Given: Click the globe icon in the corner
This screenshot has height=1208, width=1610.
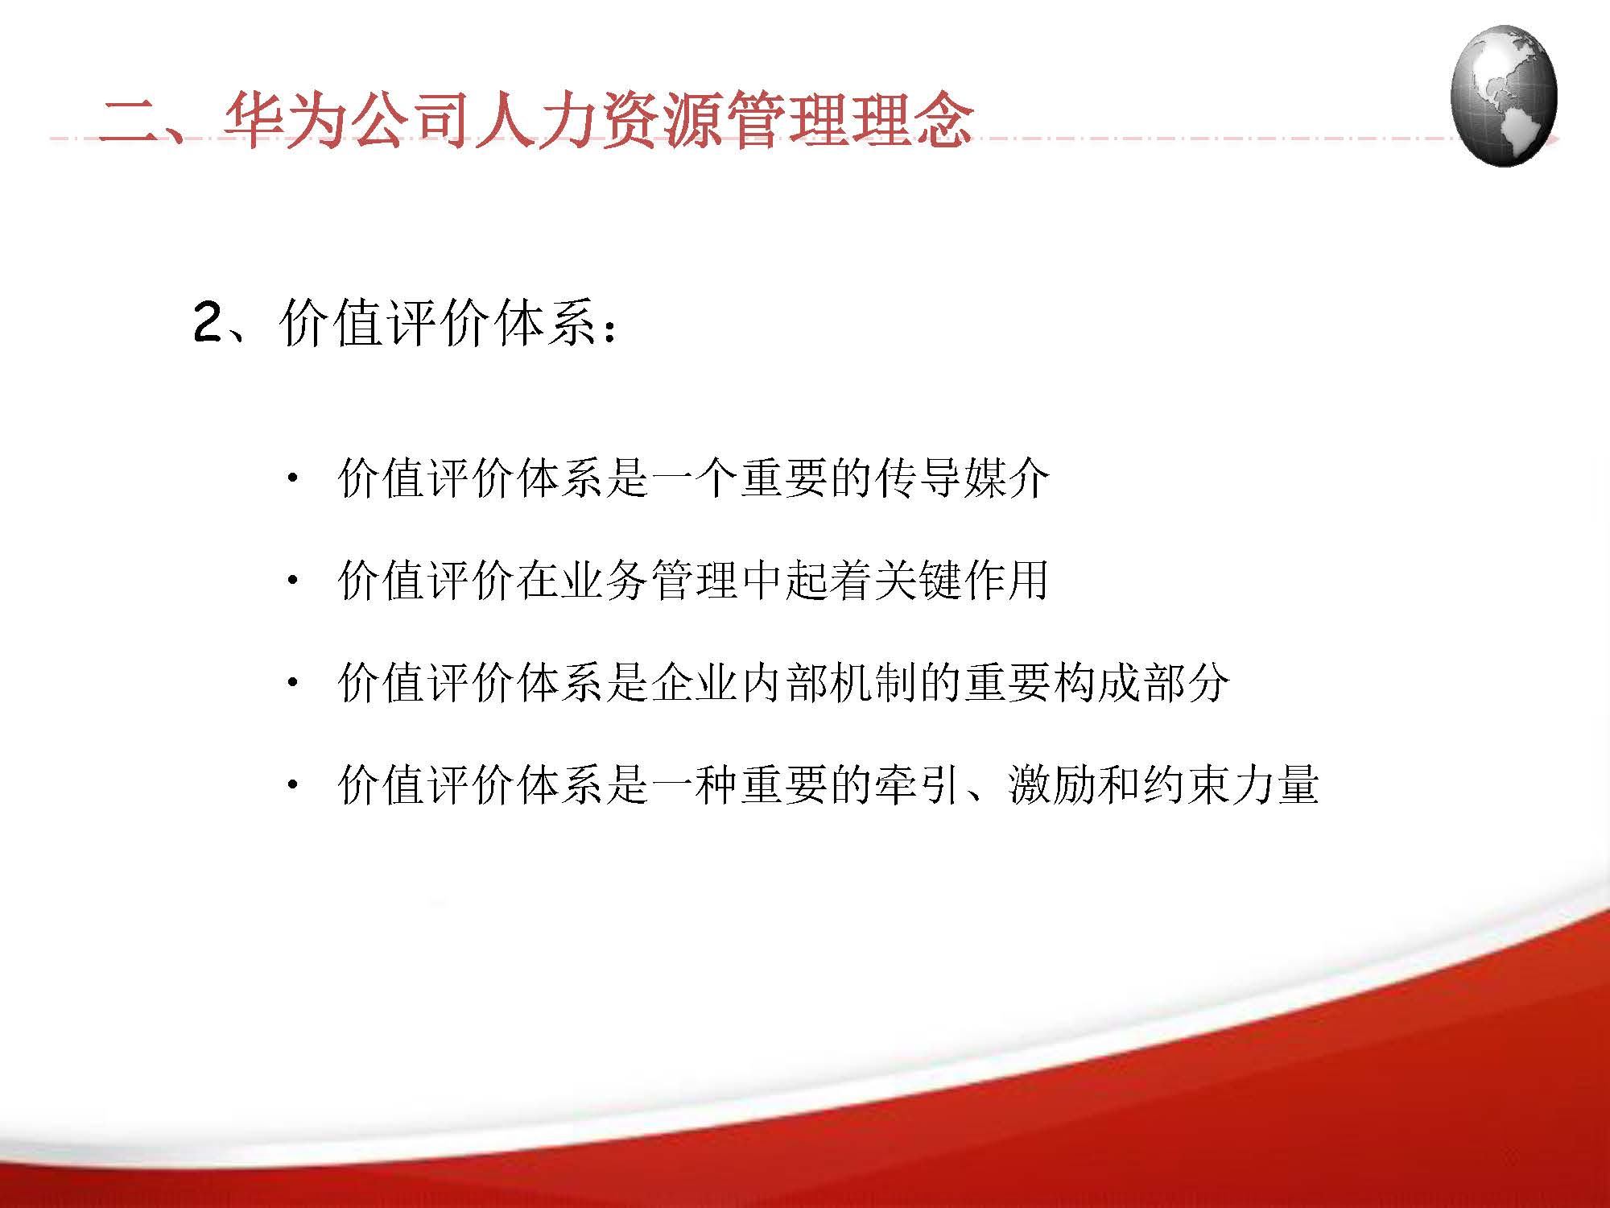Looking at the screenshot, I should [1503, 96].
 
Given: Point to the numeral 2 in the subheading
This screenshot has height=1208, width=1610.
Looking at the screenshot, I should [208, 324].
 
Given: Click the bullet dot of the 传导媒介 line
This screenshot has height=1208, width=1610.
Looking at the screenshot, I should [292, 478].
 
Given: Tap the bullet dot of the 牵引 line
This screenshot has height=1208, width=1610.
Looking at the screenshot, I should [292, 784].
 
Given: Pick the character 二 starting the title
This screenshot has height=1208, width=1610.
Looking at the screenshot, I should [129, 121].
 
